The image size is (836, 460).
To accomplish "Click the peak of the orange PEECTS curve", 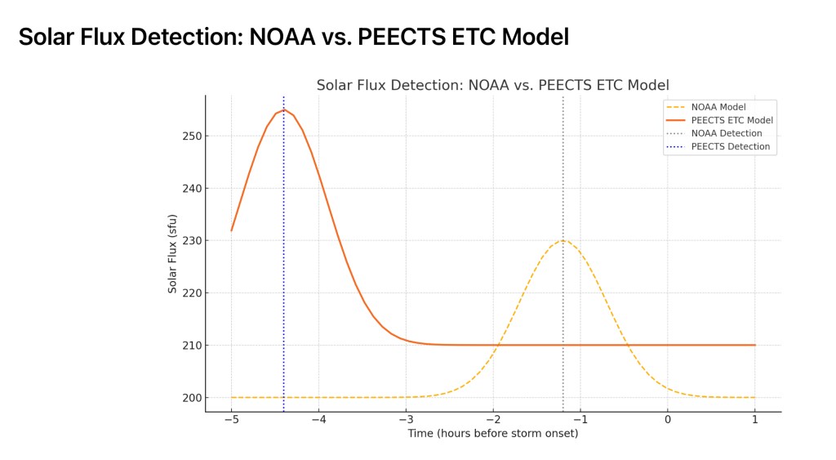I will coord(283,109).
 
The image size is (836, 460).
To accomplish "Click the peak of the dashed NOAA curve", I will coord(563,240).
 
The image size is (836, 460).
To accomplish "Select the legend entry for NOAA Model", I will coord(718,107).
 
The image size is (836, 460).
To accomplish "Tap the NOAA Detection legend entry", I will coord(726,133).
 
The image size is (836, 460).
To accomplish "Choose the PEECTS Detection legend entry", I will coord(730,146).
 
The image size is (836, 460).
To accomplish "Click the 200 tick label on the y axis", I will coord(190,398).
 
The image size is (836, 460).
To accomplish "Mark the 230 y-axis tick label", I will coord(190,240).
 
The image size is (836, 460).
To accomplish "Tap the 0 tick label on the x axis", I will coord(668,419).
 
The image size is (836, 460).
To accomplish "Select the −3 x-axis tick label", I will coord(406,419).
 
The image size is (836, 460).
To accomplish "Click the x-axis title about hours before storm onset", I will coord(492,433).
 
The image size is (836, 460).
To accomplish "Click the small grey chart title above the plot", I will coord(492,85).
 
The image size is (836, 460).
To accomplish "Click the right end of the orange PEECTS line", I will coord(754,345).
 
